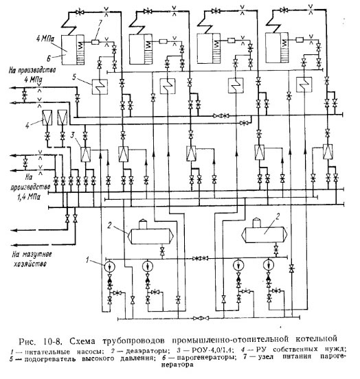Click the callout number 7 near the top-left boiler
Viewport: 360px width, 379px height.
pyautogui.click(x=100, y=23)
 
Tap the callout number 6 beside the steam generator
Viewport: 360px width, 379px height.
pyautogui.click(x=49, y=58)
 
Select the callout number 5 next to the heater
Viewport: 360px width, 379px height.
pyautogui.click(x=74, y=77)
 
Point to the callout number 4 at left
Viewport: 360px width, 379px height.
pyautogui.click(x=27, y=126)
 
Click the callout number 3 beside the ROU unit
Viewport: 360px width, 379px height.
pyautogui.click(x=72, y=135)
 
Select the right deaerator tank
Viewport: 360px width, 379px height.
pyautogui.click(x=265, y=233)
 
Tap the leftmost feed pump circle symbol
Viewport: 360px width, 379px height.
pyautogui.click(x=110, y=266)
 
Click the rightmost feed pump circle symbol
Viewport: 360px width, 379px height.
pyautogui.click(x=269, y=264)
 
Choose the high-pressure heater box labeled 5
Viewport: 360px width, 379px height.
pyautogui.click(x=100, y=87)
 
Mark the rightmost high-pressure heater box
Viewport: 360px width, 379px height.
pyautogui.click(x=304, y=84)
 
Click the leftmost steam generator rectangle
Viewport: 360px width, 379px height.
pyautogui.click(x=73, y=50)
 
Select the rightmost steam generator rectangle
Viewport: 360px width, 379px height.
pyautogui.click(x=277, y=48)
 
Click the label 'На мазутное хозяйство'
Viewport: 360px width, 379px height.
pyautogui.click(x=32, y=259)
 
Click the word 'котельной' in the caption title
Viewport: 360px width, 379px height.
pyautogui.click(x=316, y=338)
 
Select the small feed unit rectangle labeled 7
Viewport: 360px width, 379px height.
pyautogui.click(x=95, y=42)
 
